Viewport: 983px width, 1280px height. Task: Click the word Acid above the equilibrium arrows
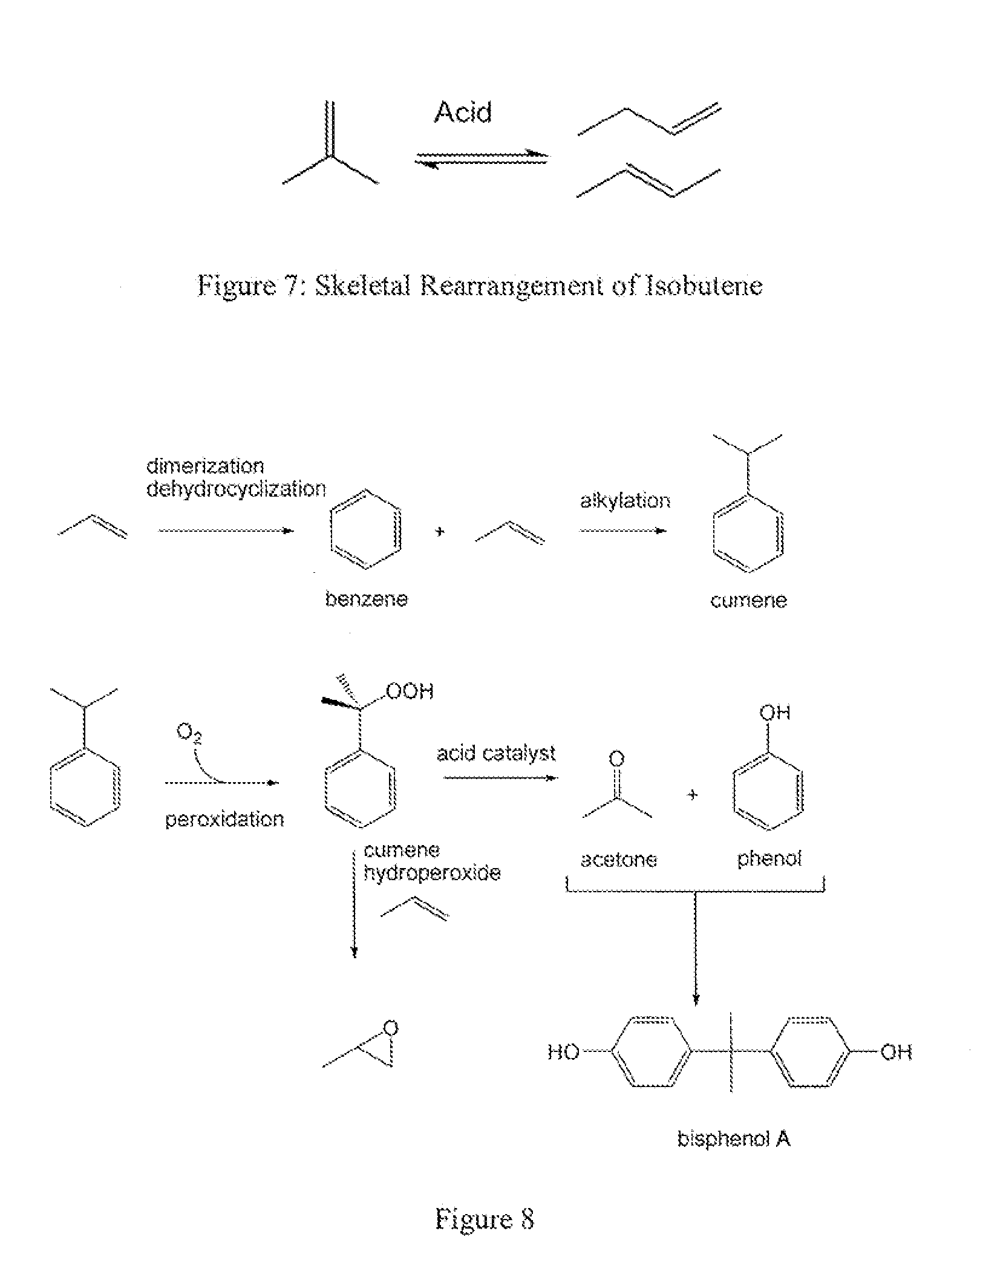[463, 113]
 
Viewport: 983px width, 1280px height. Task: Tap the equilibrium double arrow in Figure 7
[481, 158]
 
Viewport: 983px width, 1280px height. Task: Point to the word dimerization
[205, 466]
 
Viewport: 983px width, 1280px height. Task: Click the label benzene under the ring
[367, 599]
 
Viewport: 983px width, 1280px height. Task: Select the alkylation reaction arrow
[622, 531]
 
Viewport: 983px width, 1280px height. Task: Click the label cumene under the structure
[748, 601]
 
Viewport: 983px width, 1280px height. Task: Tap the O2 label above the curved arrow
[189, 733]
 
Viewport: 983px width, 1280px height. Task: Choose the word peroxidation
[224, 820]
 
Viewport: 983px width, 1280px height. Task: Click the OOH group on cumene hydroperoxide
[410, 691]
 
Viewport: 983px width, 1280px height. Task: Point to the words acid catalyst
[496, 754]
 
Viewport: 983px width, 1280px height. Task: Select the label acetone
[618, 860]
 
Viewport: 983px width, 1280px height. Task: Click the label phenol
[769, 858]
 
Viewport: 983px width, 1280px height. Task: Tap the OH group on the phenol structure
[775, 713]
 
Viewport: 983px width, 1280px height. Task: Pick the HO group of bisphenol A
[563, 1053]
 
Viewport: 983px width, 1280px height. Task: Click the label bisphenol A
[733, 1139]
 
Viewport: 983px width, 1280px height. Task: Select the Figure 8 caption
[485, 1220]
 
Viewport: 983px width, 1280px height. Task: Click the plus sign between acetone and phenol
[693, 795]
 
